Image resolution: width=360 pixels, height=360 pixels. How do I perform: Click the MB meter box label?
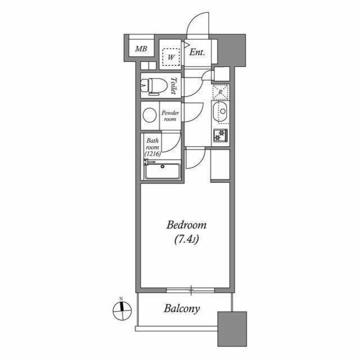point(141,49)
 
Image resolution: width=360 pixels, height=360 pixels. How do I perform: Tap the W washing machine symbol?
point(171,57)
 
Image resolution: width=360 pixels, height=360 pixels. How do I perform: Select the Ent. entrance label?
point(197,52)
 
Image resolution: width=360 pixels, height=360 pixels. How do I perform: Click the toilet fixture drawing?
point(154,86)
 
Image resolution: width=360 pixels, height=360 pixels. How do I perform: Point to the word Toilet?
point(174,85)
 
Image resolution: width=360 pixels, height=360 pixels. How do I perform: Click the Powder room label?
point(170,116)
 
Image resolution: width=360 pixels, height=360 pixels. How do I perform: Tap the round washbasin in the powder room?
point(150,115)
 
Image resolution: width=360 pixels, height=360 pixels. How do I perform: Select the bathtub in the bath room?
point(163,171)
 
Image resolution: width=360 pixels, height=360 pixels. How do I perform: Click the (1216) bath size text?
point(152,154)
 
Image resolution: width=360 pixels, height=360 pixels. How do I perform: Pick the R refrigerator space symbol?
point(220,92)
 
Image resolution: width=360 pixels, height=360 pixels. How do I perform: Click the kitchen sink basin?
point(220,111)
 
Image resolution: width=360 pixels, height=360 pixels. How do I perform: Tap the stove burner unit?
point(220,135)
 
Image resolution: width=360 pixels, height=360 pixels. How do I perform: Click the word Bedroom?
point(186,225)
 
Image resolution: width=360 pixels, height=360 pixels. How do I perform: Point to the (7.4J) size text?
point(186,240)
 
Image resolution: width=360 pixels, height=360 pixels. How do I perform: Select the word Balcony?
point(182,309)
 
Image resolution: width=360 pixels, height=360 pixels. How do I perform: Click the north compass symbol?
point(122,311)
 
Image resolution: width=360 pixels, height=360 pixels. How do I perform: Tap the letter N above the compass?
point(121,299)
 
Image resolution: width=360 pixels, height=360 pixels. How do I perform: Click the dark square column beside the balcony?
point(232,328)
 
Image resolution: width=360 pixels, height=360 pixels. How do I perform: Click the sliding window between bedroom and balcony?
point(191,290)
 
